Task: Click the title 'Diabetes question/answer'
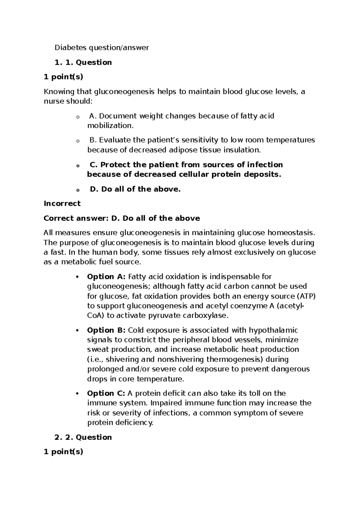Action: click(101, 47)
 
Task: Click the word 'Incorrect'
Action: click(62, 203)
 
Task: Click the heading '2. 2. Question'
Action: click(83, 437)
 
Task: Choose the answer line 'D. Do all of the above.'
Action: click(135, 189)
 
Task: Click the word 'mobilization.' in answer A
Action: click(110, 125)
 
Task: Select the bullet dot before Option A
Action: click(77, 277)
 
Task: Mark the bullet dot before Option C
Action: click(77, 393)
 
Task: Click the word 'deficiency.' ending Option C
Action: click(136, 423)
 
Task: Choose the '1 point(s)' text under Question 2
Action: click(63, 452)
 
